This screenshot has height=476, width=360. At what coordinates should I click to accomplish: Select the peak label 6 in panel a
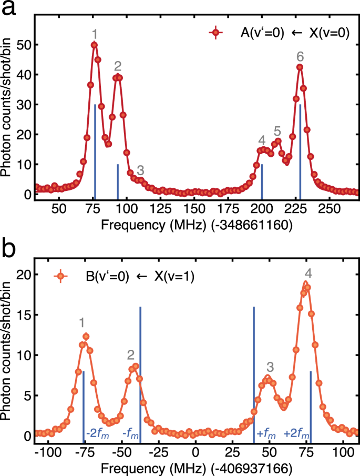pos(300,56)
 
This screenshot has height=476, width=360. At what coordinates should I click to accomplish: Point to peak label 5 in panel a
pos(277,130)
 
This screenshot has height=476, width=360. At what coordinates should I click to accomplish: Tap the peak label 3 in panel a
pos(140,170)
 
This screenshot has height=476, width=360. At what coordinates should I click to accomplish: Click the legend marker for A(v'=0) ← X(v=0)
pos(216,33)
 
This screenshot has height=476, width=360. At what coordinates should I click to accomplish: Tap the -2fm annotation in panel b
pos(97,434)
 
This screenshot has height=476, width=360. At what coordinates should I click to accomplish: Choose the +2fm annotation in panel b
pos(296,434)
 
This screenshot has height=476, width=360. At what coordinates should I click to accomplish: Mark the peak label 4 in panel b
pos(308,274)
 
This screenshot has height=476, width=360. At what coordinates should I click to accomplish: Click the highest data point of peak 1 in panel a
pos(94,45)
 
